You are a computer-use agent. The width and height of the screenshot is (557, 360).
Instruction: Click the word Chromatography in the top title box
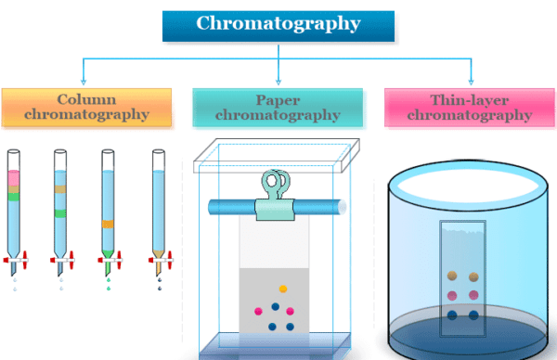[x=279, y=22]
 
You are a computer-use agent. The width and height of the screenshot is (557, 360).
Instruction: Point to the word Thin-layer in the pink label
[x=469, y=99]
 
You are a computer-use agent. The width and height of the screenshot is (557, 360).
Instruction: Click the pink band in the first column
[x=14, y=177]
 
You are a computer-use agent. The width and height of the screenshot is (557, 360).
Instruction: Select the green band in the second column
[x=60, y=213]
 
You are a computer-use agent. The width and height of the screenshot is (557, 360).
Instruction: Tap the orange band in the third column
[x=108, y=224]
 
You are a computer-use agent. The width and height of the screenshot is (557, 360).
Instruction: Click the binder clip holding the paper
[x=278, y=186]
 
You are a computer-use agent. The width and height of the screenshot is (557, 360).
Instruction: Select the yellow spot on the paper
[x=282, y=289]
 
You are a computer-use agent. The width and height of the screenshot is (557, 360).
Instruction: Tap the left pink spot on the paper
[x=258, y=310]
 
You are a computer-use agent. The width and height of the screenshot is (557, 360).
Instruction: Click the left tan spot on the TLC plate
[x=452, y=276]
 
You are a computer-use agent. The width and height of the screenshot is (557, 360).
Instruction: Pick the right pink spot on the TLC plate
[x=474, y=295]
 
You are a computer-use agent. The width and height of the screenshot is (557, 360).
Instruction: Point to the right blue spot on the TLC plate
[x=474, y=315]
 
